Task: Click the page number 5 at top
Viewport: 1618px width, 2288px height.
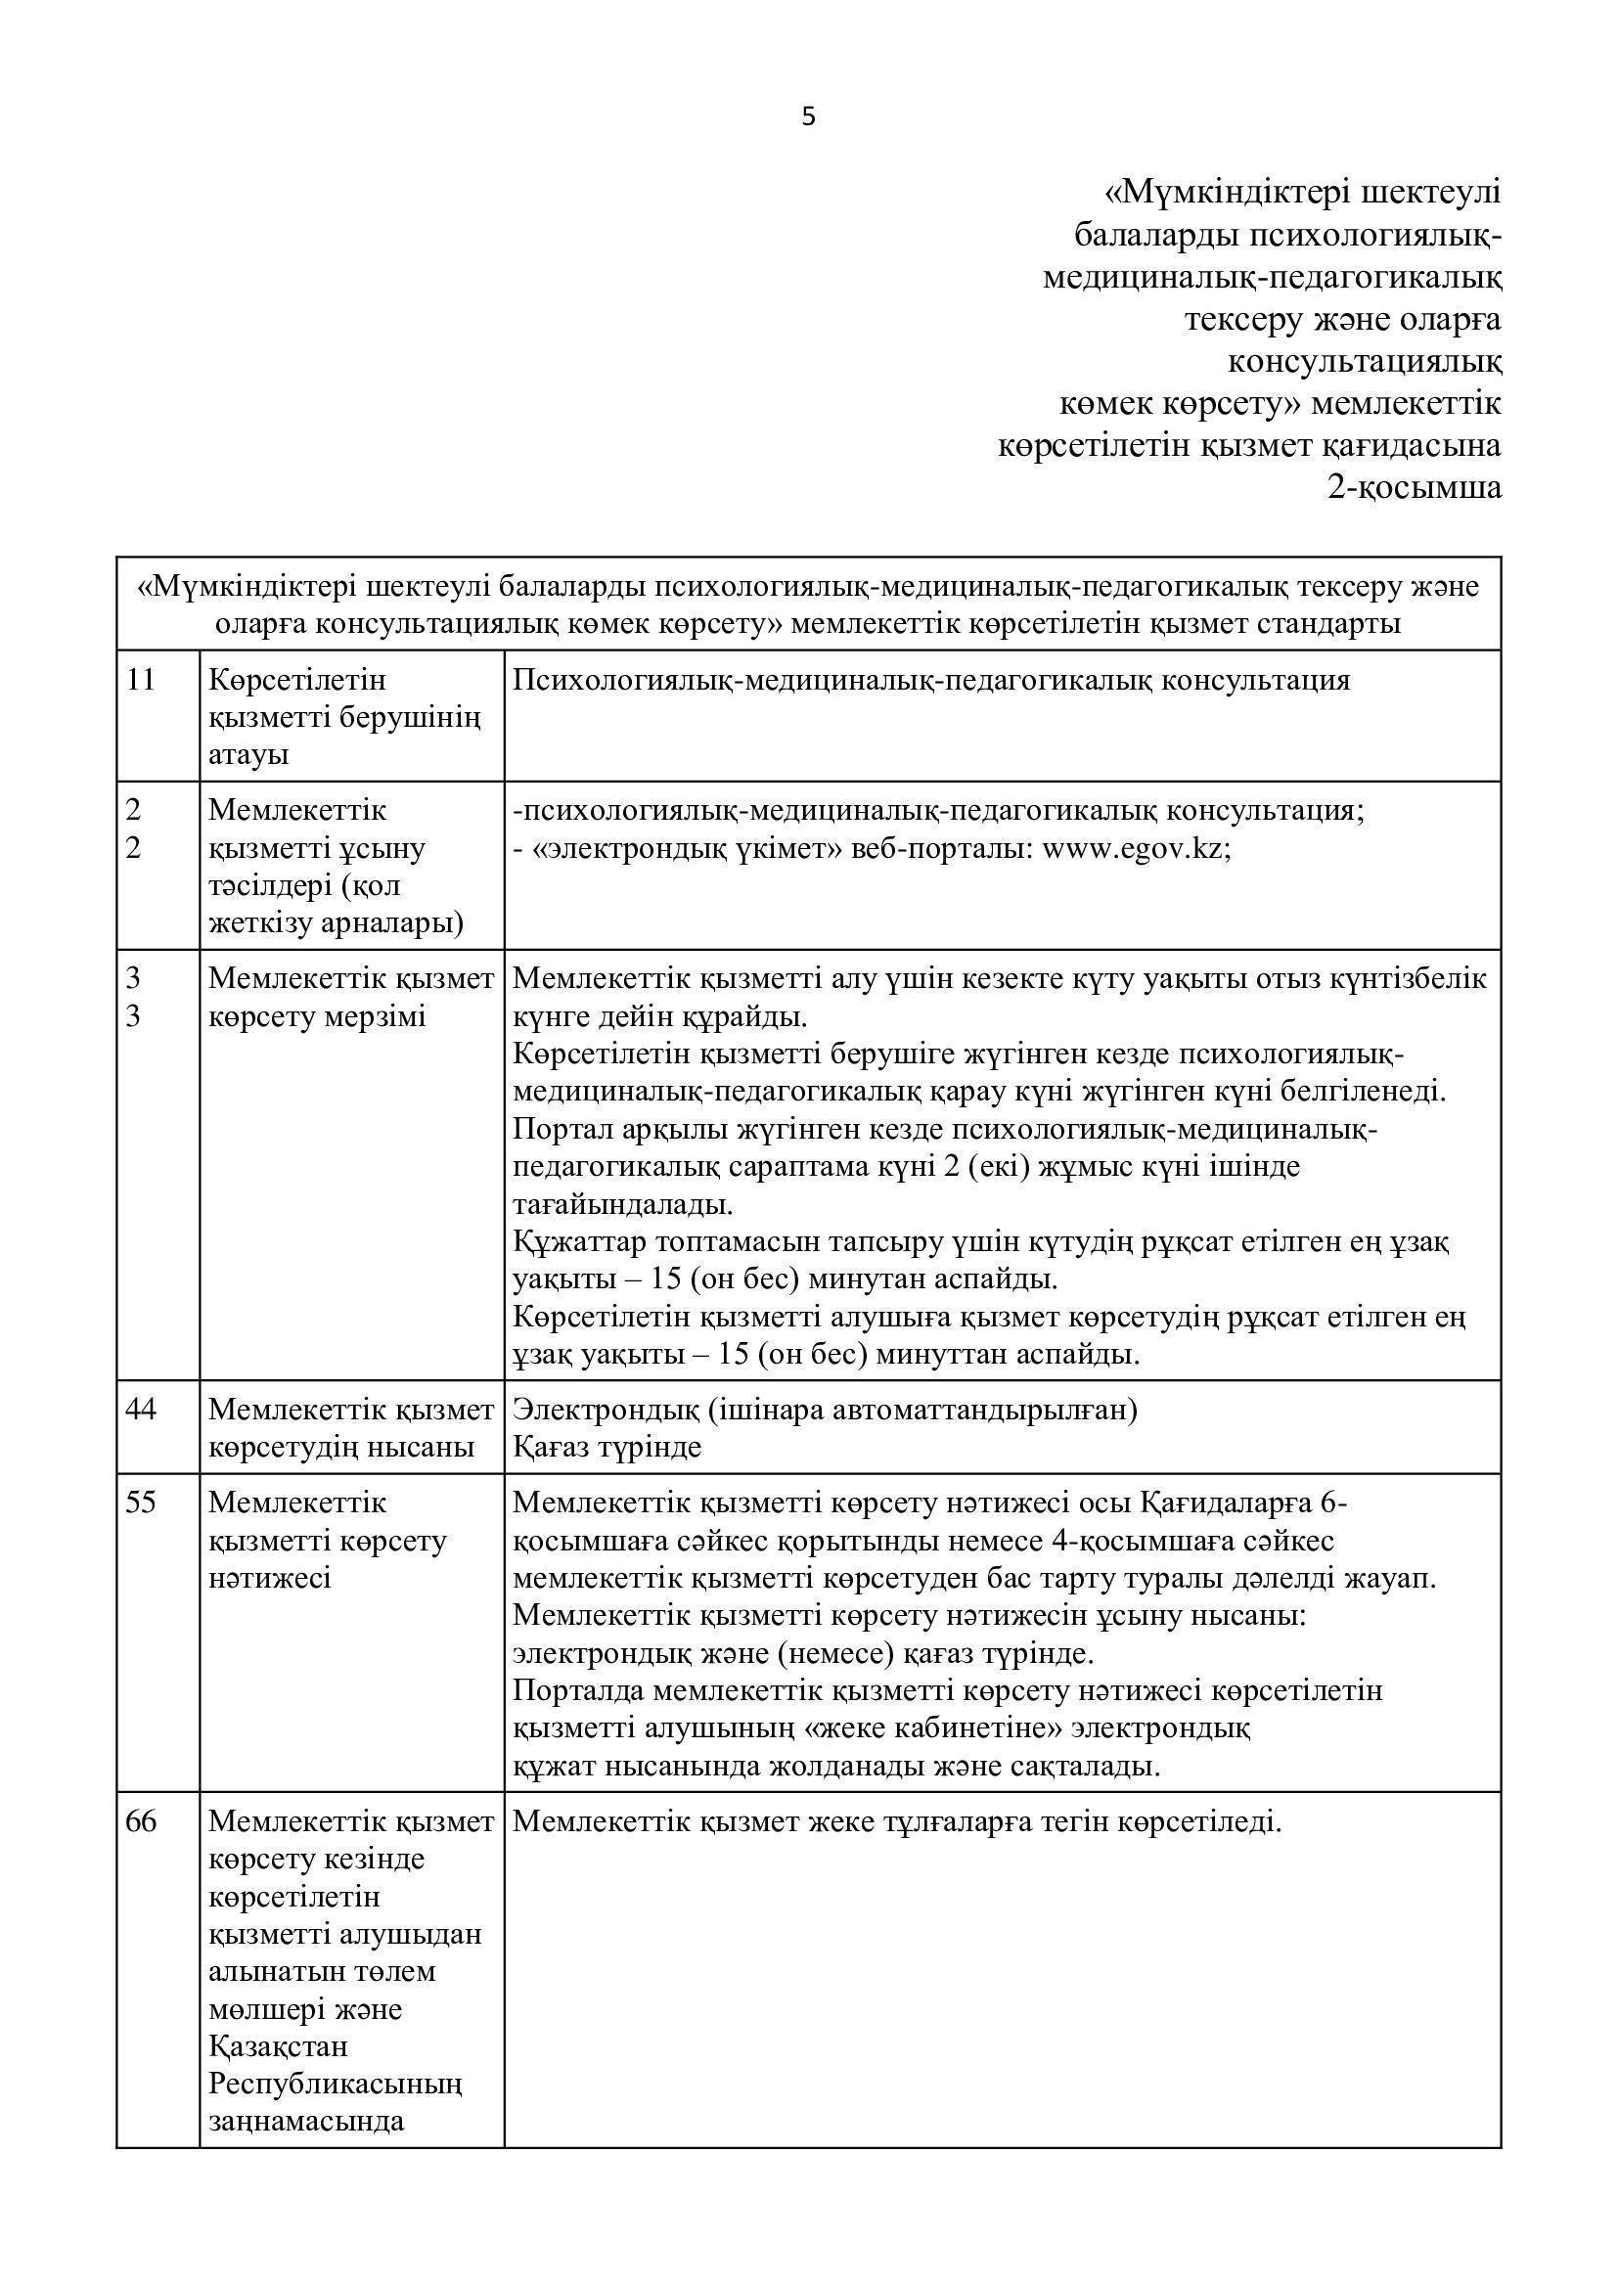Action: point(808,117)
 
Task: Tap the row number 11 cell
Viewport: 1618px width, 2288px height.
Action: point(142,681)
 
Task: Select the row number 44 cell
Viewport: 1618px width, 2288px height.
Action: point(142,1411)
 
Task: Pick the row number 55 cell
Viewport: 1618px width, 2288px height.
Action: point(142,1503)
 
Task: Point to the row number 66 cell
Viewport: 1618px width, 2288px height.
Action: point(142,1822)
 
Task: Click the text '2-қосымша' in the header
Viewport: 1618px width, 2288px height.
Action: point(1414,488)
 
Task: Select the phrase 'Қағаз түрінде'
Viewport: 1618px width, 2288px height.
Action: point(607,1447)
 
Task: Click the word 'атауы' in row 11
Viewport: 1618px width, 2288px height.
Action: point(248,754)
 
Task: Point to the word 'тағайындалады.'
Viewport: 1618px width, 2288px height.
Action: point(623,1204)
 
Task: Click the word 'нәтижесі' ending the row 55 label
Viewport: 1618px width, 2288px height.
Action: point(270,1578)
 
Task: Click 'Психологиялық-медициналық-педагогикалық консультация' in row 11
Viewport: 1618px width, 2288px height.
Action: point(930,681)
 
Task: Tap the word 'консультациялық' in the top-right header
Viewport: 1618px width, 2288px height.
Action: point(1364,361)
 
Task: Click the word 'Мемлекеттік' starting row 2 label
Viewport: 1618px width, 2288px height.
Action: point(297,810)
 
